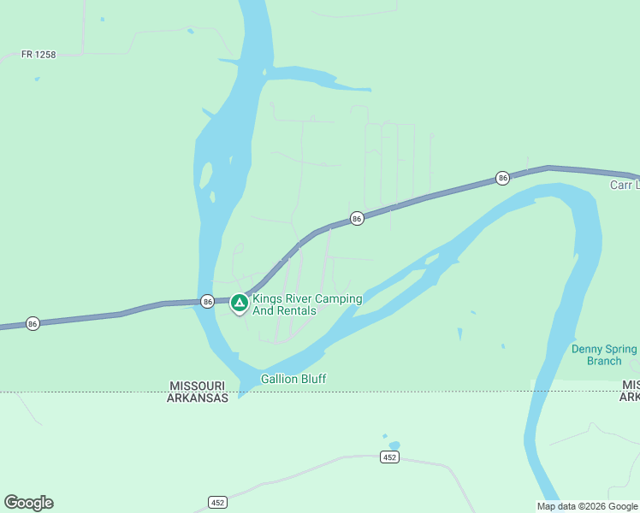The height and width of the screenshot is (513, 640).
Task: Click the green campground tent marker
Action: pyautogui.click(x=240, y=302)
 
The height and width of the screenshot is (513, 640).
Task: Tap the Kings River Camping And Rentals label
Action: pyautogui.click(x=307, y=304)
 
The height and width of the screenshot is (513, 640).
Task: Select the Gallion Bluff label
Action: pyautogui.click(x=293, y=379)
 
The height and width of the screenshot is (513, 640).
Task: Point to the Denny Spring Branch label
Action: pyautogui.click(x=604, y=355)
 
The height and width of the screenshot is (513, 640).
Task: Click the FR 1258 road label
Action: pyautogui.click(x=39, y=55)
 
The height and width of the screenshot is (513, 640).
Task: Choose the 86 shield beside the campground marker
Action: pyautogui.click(x=207, y=301)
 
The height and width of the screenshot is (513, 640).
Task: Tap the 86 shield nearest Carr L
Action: pyautogui.click(x=502, y=178)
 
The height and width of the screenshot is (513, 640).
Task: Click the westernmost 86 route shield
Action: pyautogui.click(x=33, y=324)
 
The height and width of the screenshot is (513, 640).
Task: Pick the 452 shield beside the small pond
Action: pyautogui.click(x=388, y=457)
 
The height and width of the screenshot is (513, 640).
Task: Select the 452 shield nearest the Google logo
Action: pyautogui.click(x=217, y=502)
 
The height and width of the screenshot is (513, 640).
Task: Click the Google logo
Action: pyautogui.click(x=28, y=503)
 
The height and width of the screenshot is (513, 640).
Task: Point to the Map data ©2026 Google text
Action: pyautogui.click(x=587, y=506)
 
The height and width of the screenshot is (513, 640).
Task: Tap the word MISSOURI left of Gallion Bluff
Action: pyautogui.click(x=198, y=386)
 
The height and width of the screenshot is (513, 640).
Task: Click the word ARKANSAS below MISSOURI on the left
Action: pyautogui.click(x=198, y=398)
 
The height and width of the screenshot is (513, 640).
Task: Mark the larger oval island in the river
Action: pyautogui.click(x=205, y=175)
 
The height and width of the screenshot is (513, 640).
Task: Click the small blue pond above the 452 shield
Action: pyautogui.click(x=394, y=445)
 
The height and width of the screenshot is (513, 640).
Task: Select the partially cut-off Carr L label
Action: pyautogui.click(x=624, y=185)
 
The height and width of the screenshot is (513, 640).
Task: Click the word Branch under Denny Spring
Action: pyautogui.click(x=604, y=361)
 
